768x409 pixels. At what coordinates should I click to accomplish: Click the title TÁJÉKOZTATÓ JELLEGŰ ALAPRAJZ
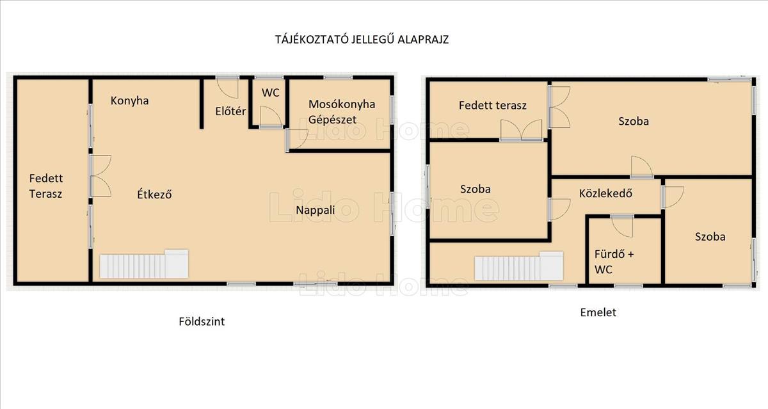(362, 40)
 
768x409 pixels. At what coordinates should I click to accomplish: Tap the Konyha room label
(129, 100)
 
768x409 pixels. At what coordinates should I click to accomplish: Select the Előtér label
(230, 111)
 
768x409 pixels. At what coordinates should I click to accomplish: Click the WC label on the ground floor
(271, 93)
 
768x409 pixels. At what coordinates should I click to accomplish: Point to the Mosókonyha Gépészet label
(342, 112)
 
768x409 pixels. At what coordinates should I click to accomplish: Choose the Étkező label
(154, 195)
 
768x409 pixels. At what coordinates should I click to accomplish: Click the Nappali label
(315, 210)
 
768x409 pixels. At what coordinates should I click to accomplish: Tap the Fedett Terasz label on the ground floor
(46, 186)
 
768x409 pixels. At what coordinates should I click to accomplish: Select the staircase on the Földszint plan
(144, 264)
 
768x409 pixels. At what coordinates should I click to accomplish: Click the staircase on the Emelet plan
(519, 266)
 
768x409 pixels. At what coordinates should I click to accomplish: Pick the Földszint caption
(202, 321)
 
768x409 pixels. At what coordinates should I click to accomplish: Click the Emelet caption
(598, 312)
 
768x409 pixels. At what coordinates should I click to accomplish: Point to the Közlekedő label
(605, 193)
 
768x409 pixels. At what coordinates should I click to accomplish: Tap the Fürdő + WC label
(614, 262)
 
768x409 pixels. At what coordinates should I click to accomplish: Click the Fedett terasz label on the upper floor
(492, 105)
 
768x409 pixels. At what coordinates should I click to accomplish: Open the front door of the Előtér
(227, 88)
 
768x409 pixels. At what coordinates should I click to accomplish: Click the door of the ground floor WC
(271, 117)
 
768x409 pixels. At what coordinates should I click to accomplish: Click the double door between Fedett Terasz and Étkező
(100, 176)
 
